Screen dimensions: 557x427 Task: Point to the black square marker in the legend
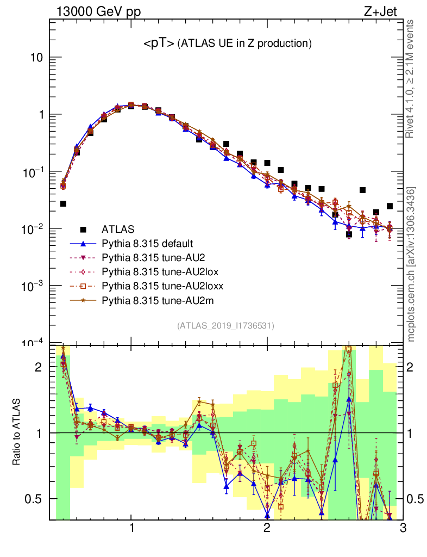coord(83,229)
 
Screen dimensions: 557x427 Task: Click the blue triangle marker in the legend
coord(83,243)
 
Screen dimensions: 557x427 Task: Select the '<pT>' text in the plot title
coord(158,44)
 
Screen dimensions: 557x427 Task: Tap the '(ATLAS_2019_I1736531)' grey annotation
coord(225,326)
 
